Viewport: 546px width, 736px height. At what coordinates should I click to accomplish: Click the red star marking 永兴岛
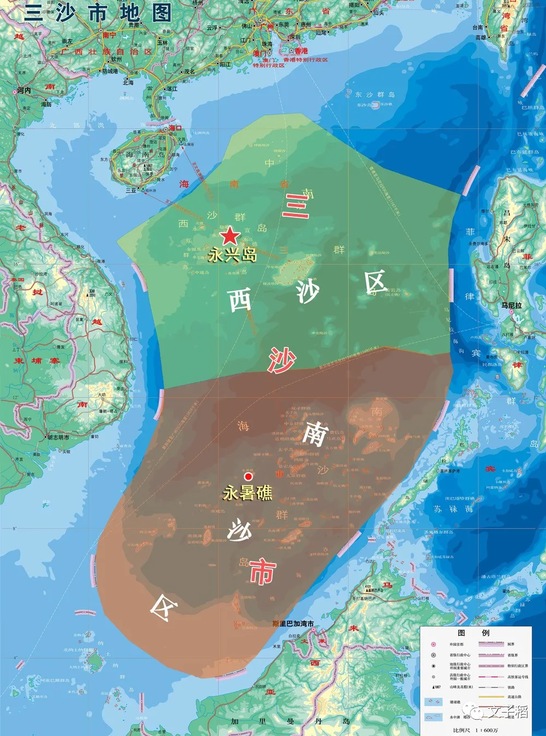coord(230,236)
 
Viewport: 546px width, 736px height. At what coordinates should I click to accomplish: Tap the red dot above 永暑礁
coord(248,476)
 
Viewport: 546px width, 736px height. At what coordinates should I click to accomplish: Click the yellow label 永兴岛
coord(233,255)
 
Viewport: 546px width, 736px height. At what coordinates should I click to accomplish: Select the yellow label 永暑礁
coord(247,493)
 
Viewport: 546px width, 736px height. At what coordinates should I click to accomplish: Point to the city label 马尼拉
coord(512,306)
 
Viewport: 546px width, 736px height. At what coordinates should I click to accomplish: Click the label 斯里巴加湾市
coord(293,624)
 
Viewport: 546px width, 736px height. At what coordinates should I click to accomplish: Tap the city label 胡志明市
coord(58,437)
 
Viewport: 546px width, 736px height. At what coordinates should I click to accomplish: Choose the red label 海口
coord(175,128)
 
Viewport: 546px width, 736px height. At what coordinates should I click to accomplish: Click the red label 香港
coord(301,51)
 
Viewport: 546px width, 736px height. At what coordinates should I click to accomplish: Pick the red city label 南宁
coord(109,35)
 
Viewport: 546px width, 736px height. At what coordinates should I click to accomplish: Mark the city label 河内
coord(24,91)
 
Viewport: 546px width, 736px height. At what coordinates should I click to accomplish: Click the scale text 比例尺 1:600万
coord(475,730)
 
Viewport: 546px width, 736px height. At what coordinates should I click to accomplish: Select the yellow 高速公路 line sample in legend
coord(491,697)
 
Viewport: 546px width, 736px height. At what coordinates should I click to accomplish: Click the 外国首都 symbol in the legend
coord(434,644)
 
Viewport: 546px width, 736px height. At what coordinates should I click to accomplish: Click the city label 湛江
coord(172,88)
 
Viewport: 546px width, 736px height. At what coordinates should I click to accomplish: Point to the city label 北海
coord(128,82)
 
